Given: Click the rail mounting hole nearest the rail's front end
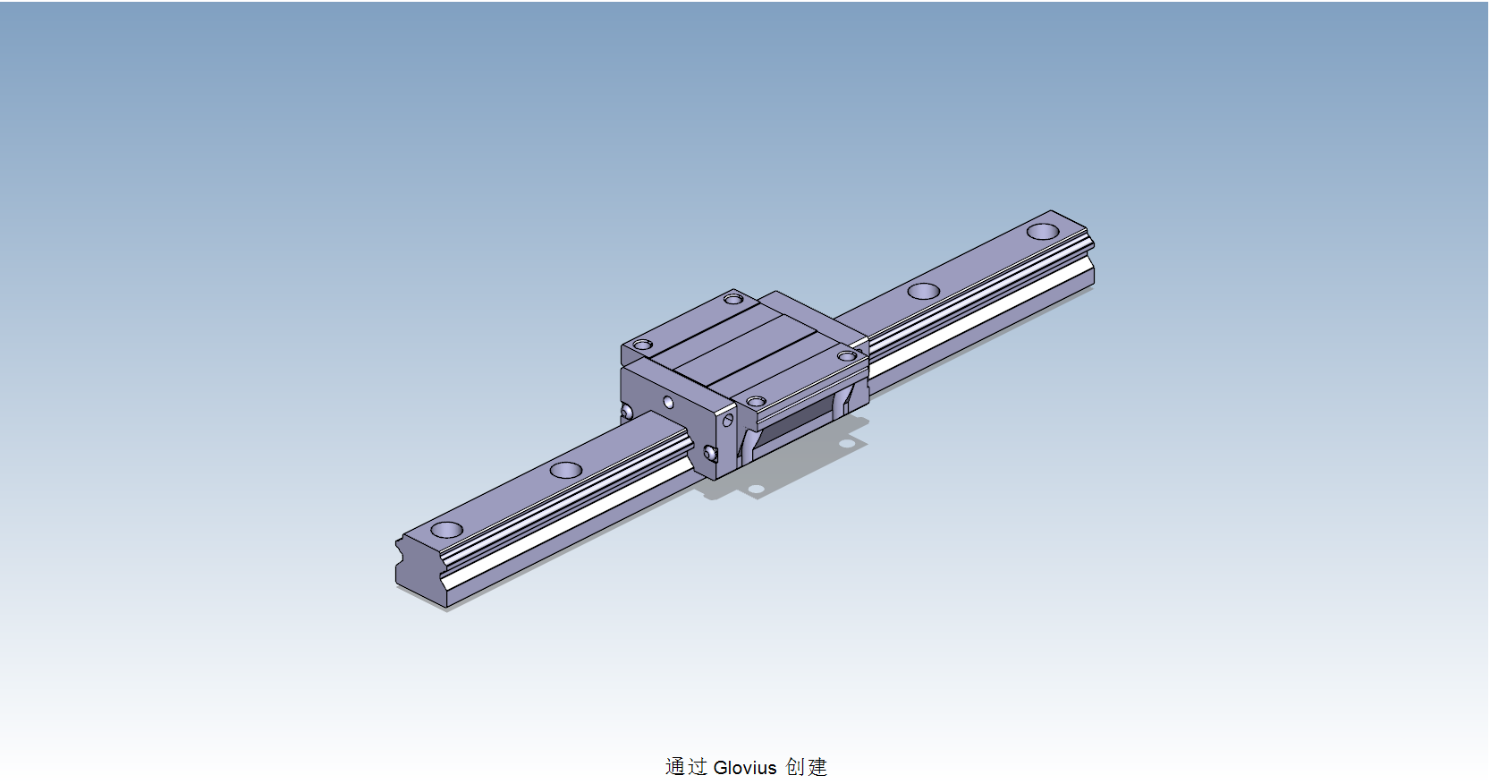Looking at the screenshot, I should pyautogui.click(x=446, y=530).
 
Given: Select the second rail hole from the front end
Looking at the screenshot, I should pyautogui.click(x=565, y=470).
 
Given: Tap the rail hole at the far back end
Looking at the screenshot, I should pyautogui.click(x=1043, y=232).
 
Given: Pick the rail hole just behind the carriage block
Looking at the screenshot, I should pyautogui.click(x=923, y=291).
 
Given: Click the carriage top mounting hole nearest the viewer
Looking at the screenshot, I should pyautogui.click(x=756, y=402).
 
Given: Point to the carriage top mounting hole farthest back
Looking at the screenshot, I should pyautogui.click(x=733, y=298).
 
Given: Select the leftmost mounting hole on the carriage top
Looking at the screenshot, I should pyautogui.click(x=642, y=345).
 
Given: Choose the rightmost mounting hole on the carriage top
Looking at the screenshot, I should pyautogui.click(x=847, y=356).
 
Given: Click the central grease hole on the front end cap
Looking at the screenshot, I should pyautogui.click(x=668, y=403).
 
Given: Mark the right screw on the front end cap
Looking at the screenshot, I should pyautogui.click(x=710, y=454).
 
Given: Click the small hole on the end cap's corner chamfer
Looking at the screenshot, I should pyautogui.click(x=727, y=420).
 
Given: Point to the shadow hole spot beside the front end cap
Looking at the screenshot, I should pyautogui.click(x=756, y=489).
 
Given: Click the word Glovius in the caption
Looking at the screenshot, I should pyautogui.click(x=745, y=768).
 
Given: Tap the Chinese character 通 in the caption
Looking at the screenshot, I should pyautogui.click(x=675, y=767).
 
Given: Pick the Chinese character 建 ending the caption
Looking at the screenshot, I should pyautogui.click(x=817, y=767).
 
